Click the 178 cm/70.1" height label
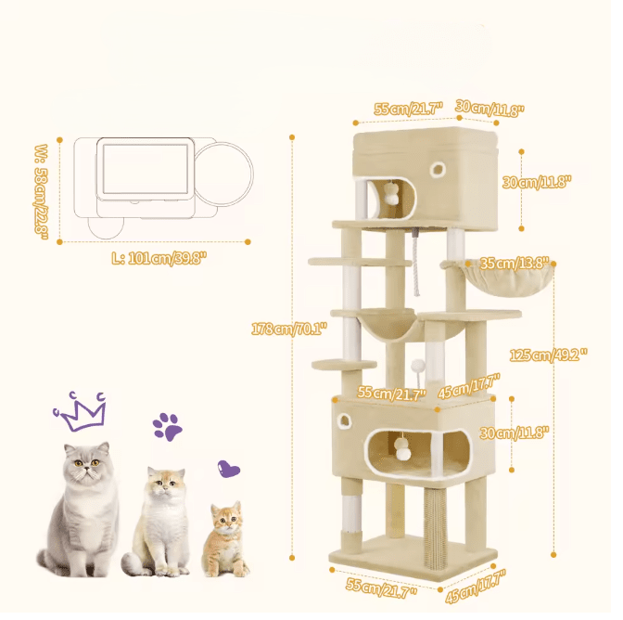tap(289, 329)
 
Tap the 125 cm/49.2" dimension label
tap(548, 355)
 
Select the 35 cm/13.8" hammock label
tap(515, 263)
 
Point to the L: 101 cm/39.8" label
tap(159, 259)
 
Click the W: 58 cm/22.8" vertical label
tap(42, 192)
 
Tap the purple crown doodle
tap(81, 411)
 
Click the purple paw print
tap(167, 426)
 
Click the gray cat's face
tap(86, 464)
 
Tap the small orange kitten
tap(224, 539)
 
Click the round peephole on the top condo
tap(438, 170)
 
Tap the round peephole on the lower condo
tap(343, 420)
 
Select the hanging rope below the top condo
tap(414, 263)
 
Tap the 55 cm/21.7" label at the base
tap(381, 588)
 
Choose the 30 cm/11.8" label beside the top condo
tap(537, 182)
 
